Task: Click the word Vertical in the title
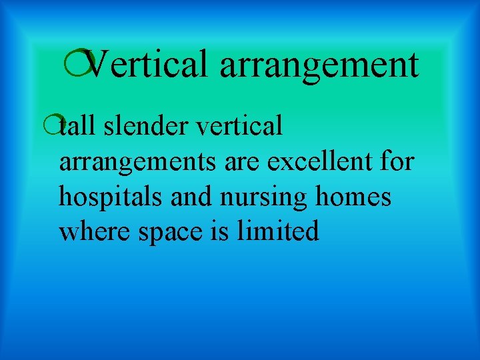coord(146,65)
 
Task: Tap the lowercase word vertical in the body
coord(239,125)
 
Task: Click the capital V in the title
coord(98,65)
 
